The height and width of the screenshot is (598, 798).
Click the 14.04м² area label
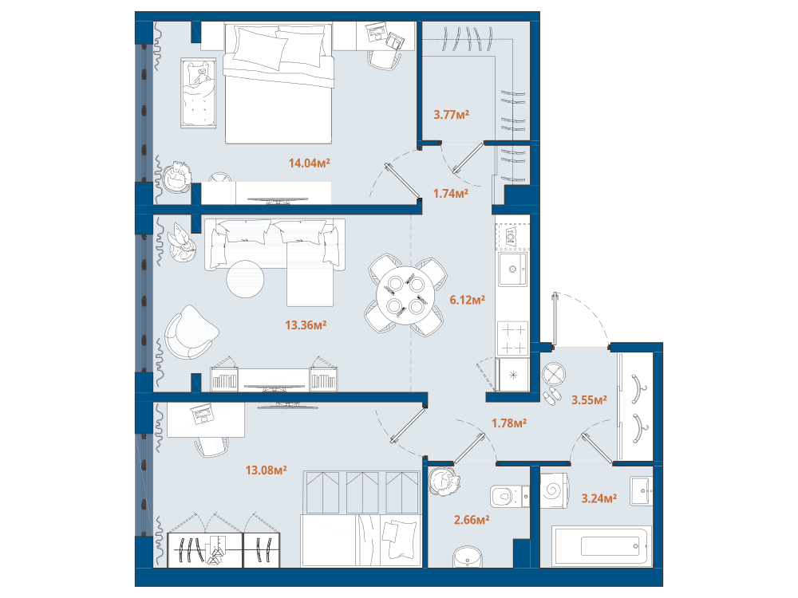(x=309, y=163)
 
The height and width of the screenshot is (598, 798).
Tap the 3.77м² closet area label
(x=451, y=114)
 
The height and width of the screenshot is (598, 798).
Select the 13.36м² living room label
(x=306, y=325)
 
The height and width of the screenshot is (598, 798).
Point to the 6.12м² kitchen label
(x=467, y=300)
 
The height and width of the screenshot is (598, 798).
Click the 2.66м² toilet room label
(x=472, y=520)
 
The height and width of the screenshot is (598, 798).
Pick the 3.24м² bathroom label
(x=599, y=498)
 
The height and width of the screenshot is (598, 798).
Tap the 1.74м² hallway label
(x=450, y=193)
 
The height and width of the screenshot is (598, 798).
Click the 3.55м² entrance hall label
(x=589, y=400)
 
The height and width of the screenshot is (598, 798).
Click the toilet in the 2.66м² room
(x=509, y=496)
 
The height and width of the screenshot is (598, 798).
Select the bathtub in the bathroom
(x=602, y=546)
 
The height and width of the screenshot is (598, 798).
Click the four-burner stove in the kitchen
(x=512, y=338)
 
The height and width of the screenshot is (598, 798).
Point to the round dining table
(x=405, y=296)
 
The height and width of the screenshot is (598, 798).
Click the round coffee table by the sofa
(x=245, y=278)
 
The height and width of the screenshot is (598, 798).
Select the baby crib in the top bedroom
(x=198, y=92)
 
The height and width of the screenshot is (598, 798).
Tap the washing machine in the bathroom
(x=555, y=491)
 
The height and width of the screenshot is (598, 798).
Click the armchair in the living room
(x=191, y=332)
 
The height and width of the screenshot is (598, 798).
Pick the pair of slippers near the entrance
(x=551, y=395)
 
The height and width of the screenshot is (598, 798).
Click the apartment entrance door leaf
(x=555, y=320)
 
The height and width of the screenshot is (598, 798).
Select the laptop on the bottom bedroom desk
(x=202, y=414)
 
